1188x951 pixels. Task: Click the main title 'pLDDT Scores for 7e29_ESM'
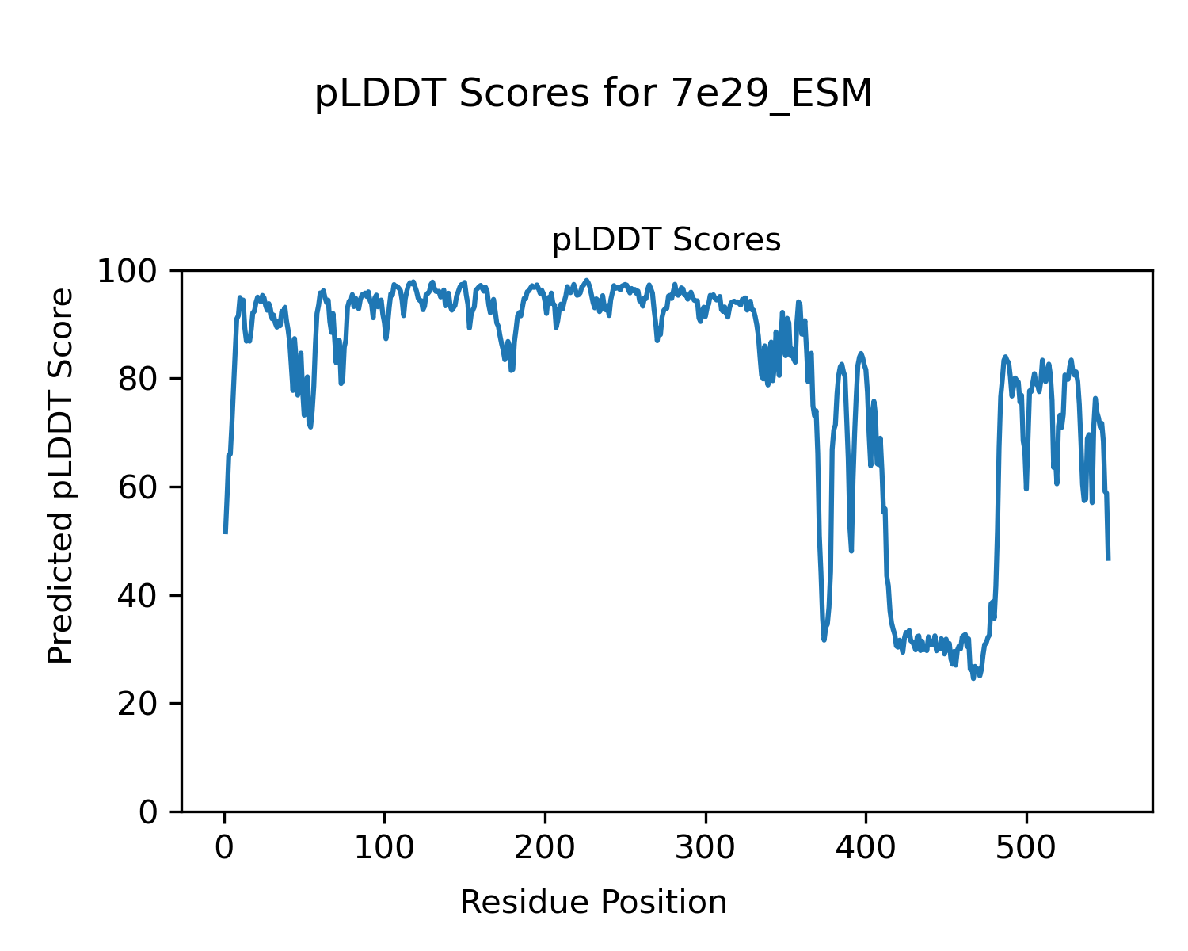(593, 95)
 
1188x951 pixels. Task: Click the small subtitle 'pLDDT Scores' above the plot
(666, 240)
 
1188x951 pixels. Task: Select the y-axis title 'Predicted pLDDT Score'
(61, 475)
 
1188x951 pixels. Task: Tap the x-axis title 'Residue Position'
(593, 903)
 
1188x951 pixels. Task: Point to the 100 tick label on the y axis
(132, 272)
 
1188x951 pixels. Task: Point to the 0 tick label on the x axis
(225, 848)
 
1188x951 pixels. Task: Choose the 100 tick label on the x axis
(385, 848)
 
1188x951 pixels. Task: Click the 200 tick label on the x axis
(545, 848)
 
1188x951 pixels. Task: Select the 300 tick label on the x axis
(705, 848)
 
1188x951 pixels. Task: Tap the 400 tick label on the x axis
(866, 848)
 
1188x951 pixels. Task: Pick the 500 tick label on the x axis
(1026, 848)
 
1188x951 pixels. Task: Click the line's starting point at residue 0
(226, 532)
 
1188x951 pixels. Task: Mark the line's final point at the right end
(1108, 560)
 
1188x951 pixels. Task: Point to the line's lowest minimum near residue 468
(973, 678)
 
